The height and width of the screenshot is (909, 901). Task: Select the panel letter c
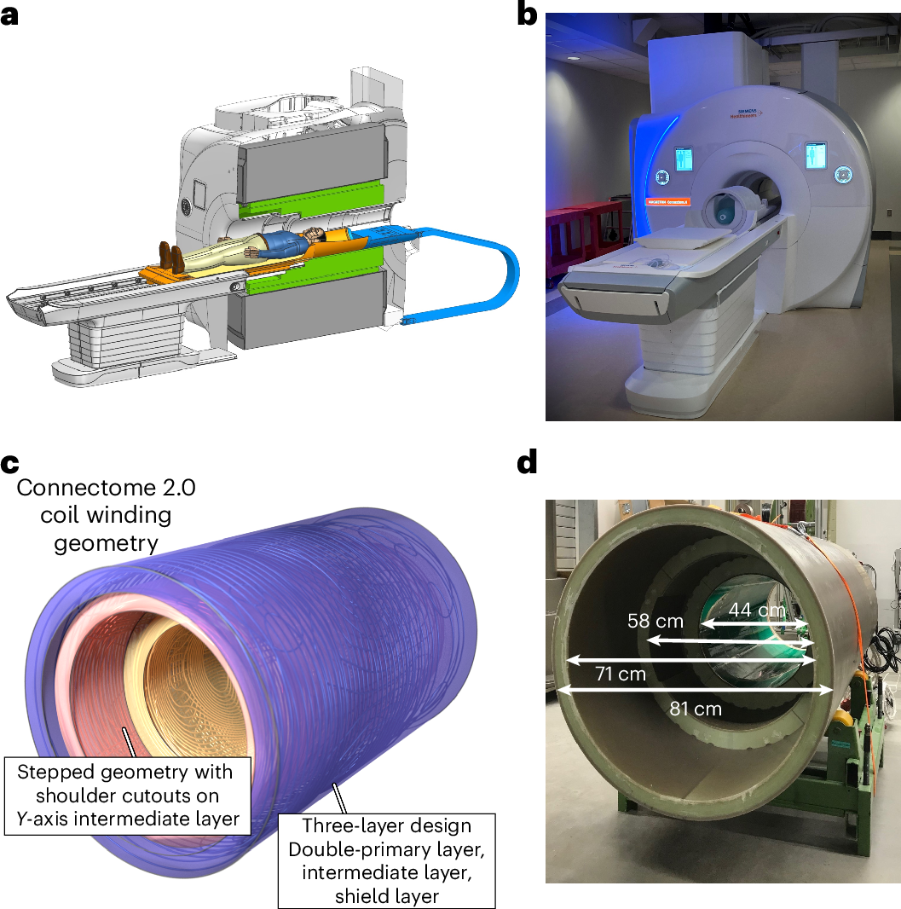(9, 465)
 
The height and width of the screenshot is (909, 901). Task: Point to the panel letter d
(528, 465)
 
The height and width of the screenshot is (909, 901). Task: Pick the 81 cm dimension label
(695, 709)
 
